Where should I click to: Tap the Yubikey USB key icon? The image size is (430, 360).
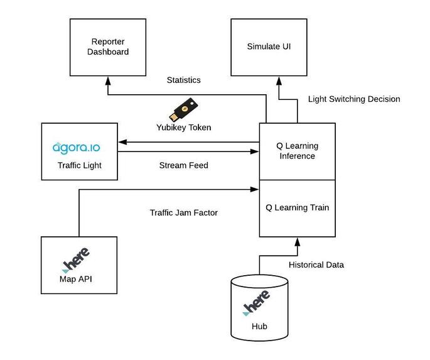183,109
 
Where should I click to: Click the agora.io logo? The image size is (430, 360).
76,148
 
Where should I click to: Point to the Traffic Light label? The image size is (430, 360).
80,165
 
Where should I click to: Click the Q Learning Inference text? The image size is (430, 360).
298,151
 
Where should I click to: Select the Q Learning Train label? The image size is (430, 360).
298,207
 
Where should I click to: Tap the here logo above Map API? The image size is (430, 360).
76,260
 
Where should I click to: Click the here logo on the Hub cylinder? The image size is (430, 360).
256,303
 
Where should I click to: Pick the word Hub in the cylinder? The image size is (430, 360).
259,326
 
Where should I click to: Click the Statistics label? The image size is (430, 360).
184,80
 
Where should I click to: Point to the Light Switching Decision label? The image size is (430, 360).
354,99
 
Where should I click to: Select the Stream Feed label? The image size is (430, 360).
184,165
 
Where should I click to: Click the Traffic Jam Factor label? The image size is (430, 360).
184,212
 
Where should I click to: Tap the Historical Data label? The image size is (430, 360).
316,265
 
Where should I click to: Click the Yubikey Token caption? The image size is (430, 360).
184,128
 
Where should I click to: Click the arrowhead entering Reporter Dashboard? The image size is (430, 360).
108,80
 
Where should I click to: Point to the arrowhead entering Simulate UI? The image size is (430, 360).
279,80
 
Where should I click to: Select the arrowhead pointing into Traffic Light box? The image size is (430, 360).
122,142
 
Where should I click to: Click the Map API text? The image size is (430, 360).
76,279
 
